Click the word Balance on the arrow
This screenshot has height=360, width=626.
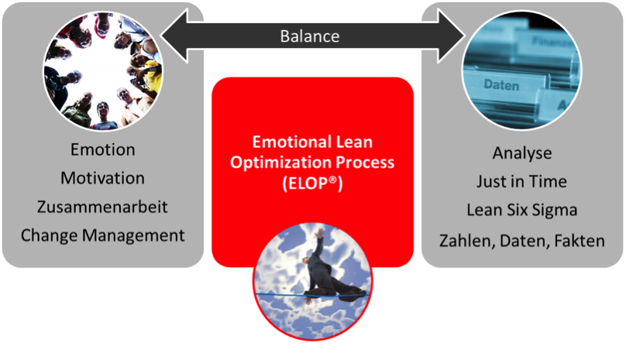310,36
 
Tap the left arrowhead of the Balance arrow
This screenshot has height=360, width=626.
174,36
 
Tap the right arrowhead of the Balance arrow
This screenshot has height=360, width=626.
451,36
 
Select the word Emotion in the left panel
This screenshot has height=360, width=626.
102,149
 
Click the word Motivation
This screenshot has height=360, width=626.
102,178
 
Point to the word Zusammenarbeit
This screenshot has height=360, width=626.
102,207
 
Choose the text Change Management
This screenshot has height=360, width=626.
102,235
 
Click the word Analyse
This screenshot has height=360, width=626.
522,153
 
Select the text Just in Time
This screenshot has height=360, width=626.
522,182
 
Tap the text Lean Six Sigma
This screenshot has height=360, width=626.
522,211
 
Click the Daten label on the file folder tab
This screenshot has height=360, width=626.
501,85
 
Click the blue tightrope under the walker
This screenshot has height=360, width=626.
311,295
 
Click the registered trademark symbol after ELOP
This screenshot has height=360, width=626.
332,180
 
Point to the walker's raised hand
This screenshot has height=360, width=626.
319,232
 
